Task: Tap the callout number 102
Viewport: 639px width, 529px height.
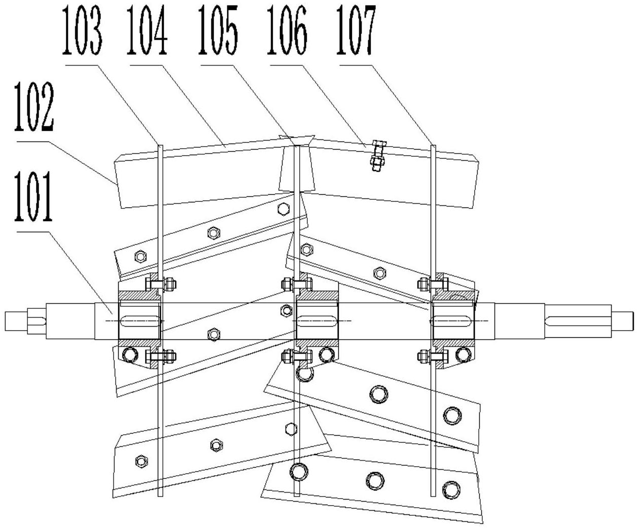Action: coord(33,108)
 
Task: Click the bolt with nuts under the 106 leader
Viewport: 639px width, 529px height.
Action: coord(376,156)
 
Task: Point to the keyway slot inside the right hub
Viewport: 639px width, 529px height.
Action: coord(452,322)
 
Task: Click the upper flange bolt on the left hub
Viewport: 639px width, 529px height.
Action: coord(161,284)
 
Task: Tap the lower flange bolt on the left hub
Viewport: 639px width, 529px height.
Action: coord(161,357)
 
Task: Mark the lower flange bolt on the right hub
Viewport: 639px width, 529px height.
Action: coord(433,357)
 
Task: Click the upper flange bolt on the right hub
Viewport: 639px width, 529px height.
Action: coord(432,284)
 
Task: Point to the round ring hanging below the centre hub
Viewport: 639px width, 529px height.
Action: coord(306,374)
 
